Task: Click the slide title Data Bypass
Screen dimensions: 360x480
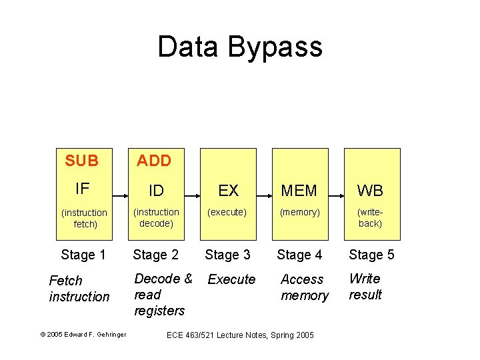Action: point(240,47)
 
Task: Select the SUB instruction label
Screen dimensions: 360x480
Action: point(82,161)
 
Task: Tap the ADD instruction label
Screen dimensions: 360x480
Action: point(154,161)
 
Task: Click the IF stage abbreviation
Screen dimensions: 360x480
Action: point(82,189)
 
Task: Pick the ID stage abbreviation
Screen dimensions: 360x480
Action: point(156,191)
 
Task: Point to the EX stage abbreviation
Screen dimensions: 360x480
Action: point(228,191)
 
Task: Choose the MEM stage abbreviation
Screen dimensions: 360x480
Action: point(299,191)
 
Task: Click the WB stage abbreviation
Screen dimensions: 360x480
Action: point(370,191)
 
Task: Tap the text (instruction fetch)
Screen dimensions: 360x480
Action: point(84,218)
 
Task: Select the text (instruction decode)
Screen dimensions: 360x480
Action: point(156,217)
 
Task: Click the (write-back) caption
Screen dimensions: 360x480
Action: point(370,217)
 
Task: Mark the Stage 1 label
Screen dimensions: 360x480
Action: point(83,255)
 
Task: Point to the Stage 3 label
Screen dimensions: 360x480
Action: point(227,255)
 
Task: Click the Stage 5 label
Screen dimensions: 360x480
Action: point(371,255)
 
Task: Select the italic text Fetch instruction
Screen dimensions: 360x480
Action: point(79,289)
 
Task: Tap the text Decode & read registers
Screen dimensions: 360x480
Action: point(163,295)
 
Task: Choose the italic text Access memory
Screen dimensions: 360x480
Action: point(304,287)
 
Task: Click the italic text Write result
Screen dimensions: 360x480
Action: point(365,287)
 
